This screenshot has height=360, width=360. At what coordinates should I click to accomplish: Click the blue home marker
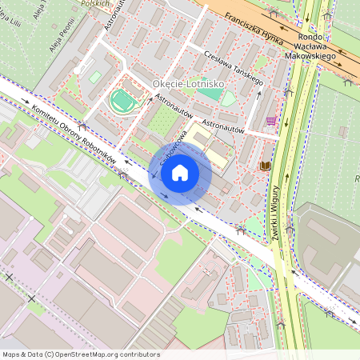(x=180, y=172)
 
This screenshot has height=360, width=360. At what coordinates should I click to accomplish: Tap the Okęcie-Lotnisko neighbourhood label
(x=188, y=83)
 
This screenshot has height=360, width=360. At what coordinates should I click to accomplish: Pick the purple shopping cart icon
(x=272, y=121)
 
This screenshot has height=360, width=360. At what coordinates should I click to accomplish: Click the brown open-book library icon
(x=266, y=165)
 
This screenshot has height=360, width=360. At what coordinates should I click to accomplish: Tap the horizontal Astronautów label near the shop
(x=222, y=126)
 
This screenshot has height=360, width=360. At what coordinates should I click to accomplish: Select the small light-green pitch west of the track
(x=96, y=77)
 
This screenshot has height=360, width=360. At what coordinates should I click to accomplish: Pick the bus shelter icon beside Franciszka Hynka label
(x=275, y=14)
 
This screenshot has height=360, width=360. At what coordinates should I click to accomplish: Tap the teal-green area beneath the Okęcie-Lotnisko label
(x=210, y=94)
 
